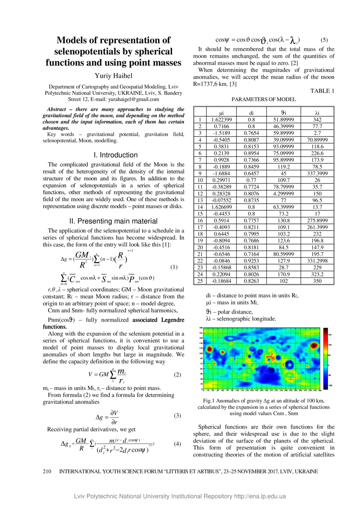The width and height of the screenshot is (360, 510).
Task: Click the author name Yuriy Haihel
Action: click(113, 76)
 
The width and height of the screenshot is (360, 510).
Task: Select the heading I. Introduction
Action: click(114, 155)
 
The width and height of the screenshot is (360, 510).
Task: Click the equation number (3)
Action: click(177, 415)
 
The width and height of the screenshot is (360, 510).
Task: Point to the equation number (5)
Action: click(324, 40)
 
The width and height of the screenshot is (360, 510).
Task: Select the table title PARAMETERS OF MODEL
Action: click(264, 100)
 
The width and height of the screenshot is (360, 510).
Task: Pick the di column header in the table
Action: click(252, 113)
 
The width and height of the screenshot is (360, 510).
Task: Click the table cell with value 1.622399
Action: click(222, 119)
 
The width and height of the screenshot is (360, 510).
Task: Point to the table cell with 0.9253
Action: click(252, 261)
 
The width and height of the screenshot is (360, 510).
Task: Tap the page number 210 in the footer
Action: click(47, 471)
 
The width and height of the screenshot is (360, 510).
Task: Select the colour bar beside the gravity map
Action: click(325, 358)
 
